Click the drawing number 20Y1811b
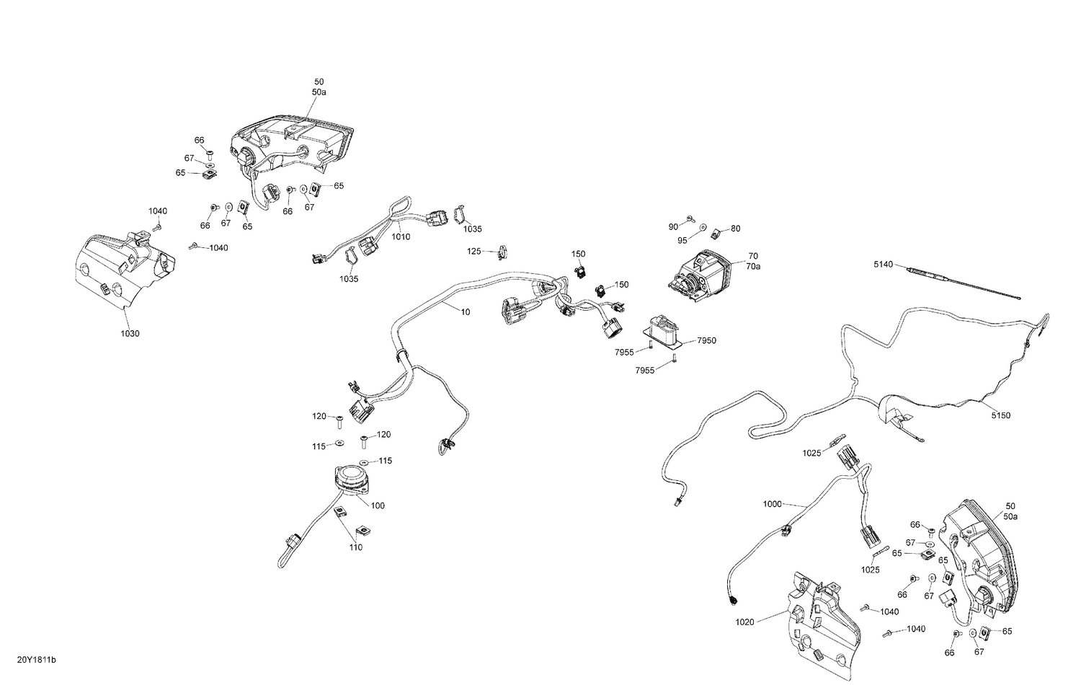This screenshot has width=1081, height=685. point(37,660)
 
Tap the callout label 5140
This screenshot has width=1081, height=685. point(884,264)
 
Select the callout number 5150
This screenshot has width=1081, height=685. point(1000,415)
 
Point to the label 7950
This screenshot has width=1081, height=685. point(707,340)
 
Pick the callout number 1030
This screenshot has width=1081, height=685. point(130,333)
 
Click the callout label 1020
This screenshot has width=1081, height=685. point(744,622)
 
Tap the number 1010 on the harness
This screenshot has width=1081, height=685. point(401,237)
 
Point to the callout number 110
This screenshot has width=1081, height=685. point(356,547)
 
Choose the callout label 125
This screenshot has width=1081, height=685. point(474,251)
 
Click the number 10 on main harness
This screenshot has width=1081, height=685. point(466,311)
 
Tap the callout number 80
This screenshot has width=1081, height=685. point(736,229)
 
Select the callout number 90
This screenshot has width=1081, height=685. point(673,227)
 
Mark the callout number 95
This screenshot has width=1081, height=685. point(682,240)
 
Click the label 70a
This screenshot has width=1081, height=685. point(753,266)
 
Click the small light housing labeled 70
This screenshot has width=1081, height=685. point(700,276)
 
